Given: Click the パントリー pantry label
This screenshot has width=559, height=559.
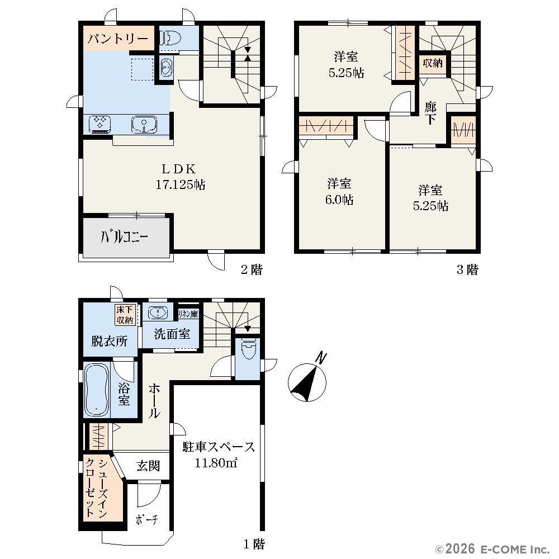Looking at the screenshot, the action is click(x=118, y=38).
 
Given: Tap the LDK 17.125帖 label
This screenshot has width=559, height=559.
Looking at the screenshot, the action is click(x=180, y=177).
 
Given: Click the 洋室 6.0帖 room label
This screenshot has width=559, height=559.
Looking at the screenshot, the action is click(x=339, y=191).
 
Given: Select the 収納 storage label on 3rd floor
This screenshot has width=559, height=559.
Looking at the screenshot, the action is click(x=433, y=63).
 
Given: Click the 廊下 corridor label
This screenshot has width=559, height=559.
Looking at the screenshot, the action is click(x=430, y=113).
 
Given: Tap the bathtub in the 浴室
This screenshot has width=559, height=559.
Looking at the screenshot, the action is click(x=97, y=390).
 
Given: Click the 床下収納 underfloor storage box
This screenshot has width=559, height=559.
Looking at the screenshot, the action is click(x=125, y=315).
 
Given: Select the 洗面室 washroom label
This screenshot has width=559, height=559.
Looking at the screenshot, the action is click(x=172, y=334).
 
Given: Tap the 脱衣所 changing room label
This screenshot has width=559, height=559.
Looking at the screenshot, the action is click(x=110, y=341).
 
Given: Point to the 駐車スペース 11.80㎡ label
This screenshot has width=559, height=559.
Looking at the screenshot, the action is click(x=218, y=454).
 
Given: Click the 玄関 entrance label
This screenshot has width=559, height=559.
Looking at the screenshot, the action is click(x=148, y=466).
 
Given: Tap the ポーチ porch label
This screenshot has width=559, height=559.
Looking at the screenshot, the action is click(x=147, y=520).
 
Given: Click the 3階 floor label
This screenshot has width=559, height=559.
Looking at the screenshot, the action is click(x=467, y=269).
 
